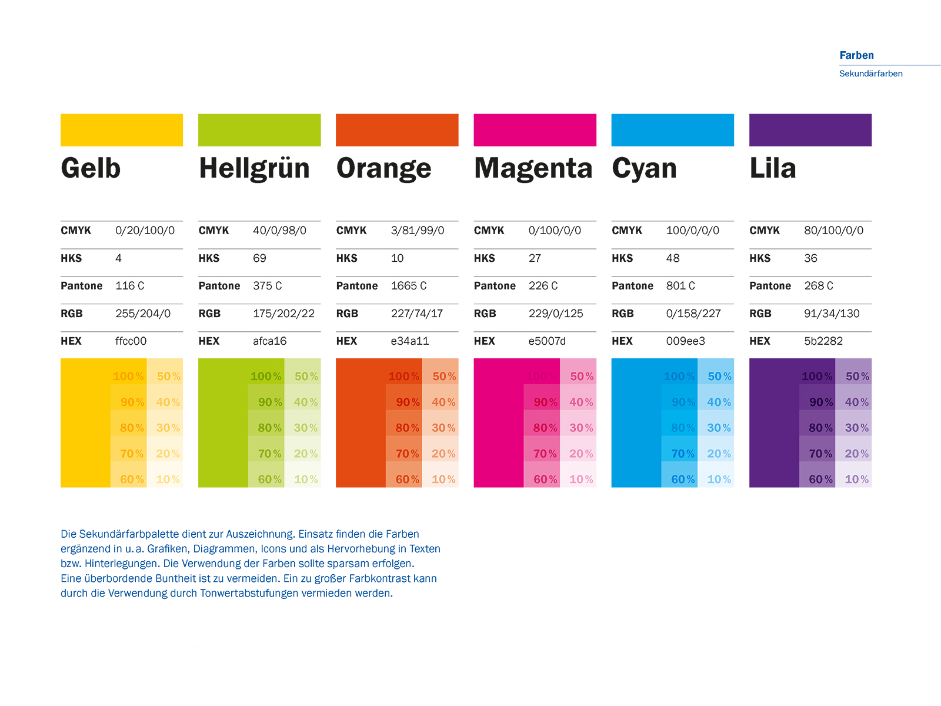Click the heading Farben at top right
click(x=856, y=55)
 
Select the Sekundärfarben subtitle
click(x=870, y=74)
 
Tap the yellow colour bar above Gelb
click(x=122, y=130)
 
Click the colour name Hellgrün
click(x=254, y=169)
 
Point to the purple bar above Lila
click(x=810, y=130)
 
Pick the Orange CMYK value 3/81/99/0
click(x=417, y=231)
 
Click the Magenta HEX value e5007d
click(x=547, y=341)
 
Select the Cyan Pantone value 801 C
click(x=680, y=286)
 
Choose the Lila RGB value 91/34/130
click(x=832, y=314)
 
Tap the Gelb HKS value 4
click(x=119, y=258)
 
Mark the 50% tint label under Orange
click(x=444, y=377)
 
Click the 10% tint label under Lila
click(x=856, y=479)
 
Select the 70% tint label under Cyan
click(x=683, y=454)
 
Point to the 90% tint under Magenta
click(x=545, y=402)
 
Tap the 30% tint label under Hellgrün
click(x=306, y=428)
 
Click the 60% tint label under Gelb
click(x=132, y=479)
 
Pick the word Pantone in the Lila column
click(x=770, y=286)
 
